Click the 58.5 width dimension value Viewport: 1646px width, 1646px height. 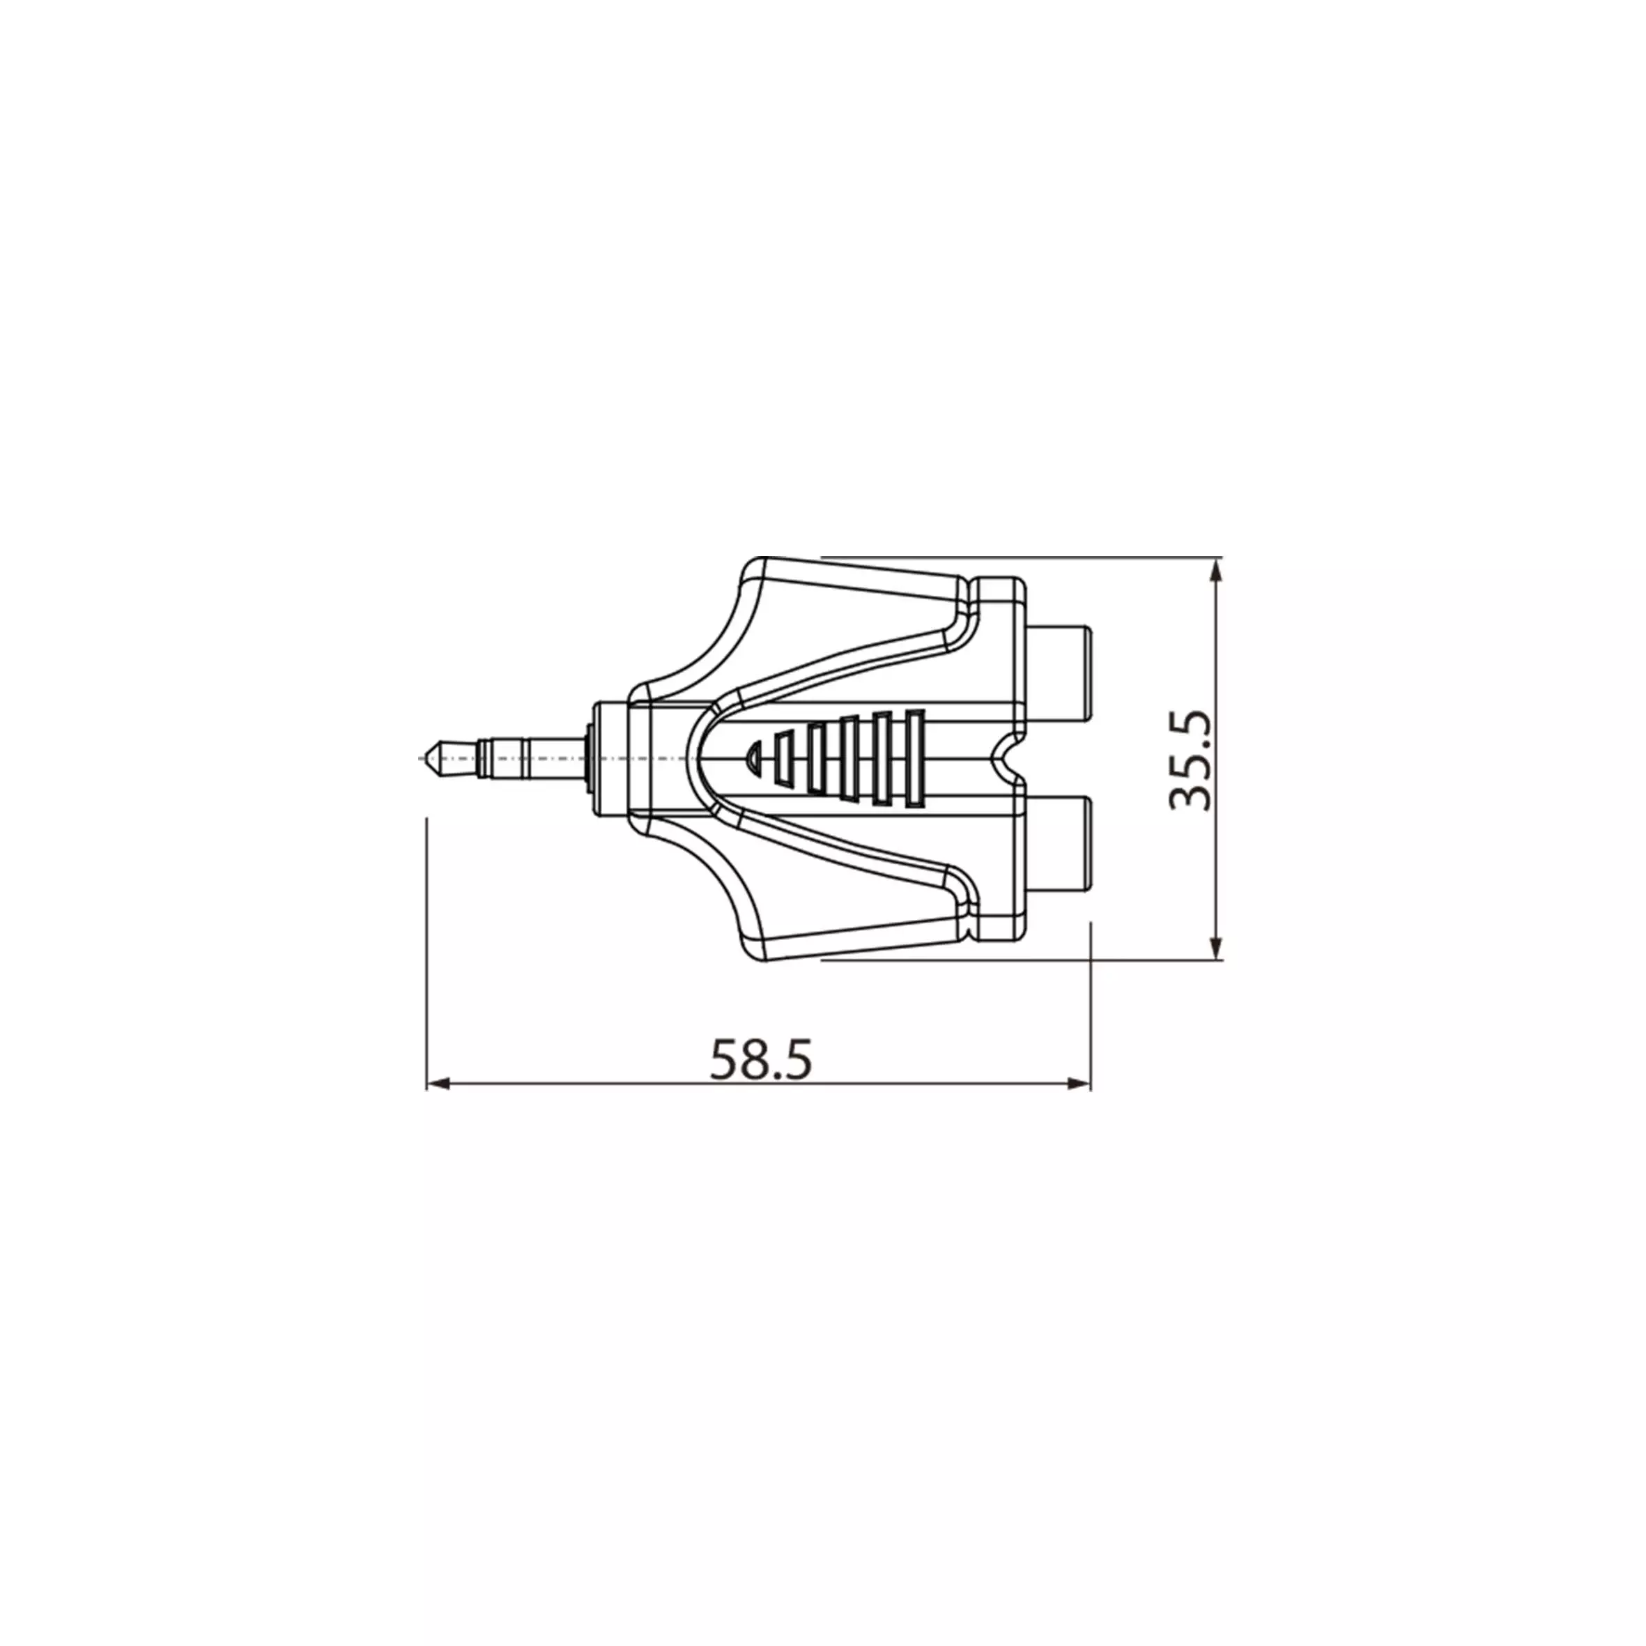pyautogui.click(x=761, y=1059)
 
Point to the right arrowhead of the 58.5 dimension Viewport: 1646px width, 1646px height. pyautogui.click(x=1079, y=1084)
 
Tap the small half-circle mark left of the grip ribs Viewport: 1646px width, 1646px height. pyautogui.click(x=753, y=755)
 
